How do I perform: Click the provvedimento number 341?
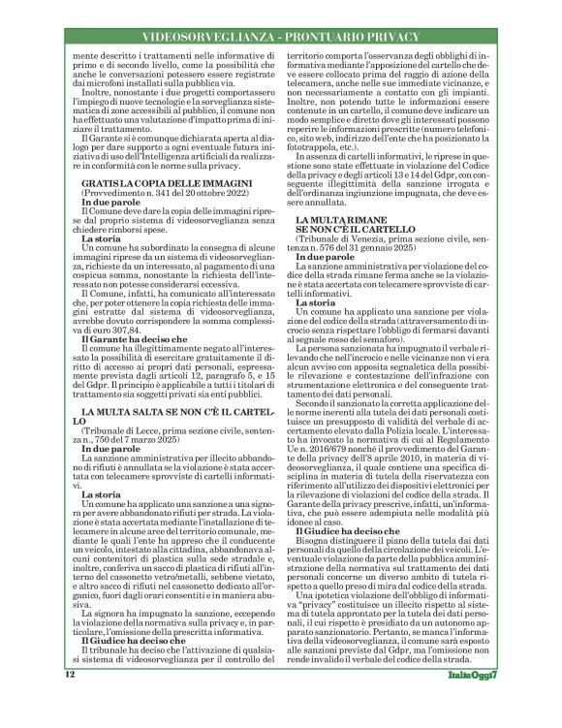pyautogui.click(x=159, y=219)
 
